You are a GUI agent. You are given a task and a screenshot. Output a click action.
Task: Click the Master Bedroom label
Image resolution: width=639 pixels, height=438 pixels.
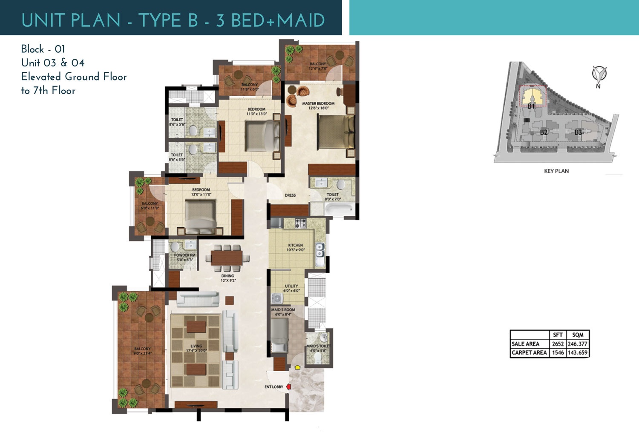tap(318, 103)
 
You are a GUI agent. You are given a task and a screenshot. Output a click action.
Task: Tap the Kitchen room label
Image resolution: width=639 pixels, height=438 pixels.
tap(295, 245)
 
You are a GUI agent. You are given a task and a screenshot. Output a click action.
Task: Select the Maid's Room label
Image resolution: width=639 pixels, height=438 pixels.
tap(283, 310)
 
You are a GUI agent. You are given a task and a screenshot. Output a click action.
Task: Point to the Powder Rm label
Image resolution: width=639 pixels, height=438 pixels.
tap(184, 255)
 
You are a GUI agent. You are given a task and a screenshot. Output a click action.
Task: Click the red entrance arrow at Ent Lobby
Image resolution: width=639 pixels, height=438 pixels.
tap(288, 387)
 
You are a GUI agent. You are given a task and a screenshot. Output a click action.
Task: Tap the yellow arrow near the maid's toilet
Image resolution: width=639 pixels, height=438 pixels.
tap(297, 366)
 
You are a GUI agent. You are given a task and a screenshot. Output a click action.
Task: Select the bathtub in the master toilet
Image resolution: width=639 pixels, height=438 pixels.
tap(339, 210)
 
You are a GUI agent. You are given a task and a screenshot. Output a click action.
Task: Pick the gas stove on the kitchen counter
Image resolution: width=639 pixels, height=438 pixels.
tap(301, 223)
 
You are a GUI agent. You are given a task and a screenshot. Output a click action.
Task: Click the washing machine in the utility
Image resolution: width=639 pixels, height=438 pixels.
tap(277, 298)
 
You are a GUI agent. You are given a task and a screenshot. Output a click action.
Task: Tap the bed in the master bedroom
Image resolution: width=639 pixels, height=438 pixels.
tap(336, 132)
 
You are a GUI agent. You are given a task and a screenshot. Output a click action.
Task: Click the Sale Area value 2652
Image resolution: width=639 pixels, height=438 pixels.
tap(558, 344)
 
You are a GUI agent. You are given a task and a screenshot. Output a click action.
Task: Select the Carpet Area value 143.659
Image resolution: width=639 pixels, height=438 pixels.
tap(578, 352)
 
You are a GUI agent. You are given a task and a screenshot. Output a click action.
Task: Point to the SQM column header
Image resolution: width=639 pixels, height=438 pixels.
tap(578, 335)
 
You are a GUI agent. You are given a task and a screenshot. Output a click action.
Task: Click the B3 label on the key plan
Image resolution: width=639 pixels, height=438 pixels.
tap(578, 132)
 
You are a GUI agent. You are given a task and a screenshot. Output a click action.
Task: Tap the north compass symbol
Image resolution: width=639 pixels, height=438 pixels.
tap(599, 74)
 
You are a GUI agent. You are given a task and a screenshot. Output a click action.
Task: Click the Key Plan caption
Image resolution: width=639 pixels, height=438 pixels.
tap(556, 171)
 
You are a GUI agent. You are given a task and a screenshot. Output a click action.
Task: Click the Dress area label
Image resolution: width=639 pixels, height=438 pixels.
tap(290, 195)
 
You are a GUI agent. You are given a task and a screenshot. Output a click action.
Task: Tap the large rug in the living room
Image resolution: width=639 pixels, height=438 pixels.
tap(196, 350)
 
